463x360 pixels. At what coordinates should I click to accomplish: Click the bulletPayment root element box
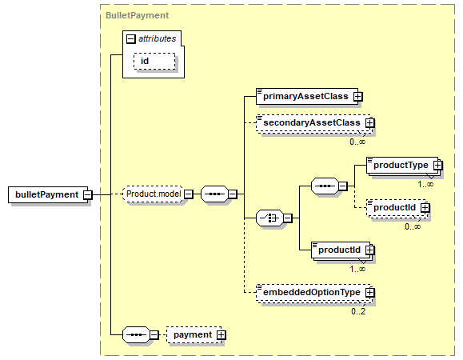pyautogui.click(x=48, y=194)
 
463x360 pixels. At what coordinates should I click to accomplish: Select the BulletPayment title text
pyautogui.click(x=137, y=15)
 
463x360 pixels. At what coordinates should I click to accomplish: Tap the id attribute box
pyautogui.click(x=154, y=61)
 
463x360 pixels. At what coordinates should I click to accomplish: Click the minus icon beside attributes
pyautogui.click(x=131, y=38)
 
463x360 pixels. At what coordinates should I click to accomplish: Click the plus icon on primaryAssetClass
pyautogui.click(x=358, y=97)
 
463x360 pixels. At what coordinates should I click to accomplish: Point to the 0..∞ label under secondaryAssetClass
pyautogui.click(x=357, y=142)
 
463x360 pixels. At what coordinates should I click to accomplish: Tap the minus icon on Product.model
pyautogui.click(x=189, y=194)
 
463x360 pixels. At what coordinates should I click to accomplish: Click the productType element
pyautogui.click(x=402, y=165)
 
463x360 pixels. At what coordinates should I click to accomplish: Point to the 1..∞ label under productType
pyautogui.click(x=425, y=184)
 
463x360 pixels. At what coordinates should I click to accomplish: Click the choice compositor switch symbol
pyautogui.click(x=269, y=218)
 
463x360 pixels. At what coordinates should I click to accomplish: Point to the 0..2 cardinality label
pyautogui.click(x=358, y=311)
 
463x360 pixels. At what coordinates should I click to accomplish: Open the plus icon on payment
pyautogui.click(x=222, y=335)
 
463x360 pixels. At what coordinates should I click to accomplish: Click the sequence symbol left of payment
pyautogui.click(x=136, y=334)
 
